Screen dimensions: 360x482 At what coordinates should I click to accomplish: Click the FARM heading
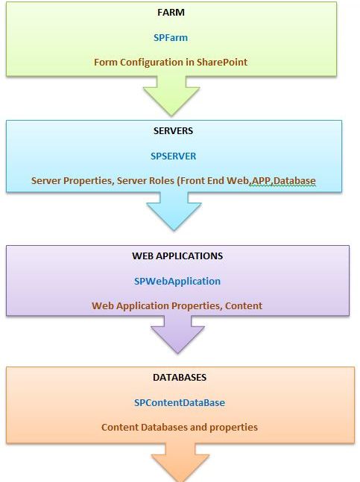[171, 13]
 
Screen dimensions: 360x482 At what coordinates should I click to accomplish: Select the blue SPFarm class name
[171, 37]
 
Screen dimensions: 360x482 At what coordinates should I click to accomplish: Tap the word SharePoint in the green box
[222, 62]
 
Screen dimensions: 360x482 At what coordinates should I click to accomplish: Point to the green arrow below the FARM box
[171, 95]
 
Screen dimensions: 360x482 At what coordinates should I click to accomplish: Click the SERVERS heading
[174, 130]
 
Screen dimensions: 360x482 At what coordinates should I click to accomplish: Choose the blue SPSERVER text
[173, 156]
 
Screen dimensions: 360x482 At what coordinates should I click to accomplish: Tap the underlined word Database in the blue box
[294, 180]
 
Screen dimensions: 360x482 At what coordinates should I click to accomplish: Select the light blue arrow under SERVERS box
[174, 212]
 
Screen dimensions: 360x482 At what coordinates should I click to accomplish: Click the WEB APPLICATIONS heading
[177, 256]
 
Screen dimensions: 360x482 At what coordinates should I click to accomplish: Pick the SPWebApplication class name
[177, 282]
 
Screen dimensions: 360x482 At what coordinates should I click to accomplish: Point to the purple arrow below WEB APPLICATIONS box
[177, 334]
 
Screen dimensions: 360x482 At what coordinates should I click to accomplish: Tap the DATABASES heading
[180, 377]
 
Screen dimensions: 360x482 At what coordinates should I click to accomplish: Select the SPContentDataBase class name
[180, 403]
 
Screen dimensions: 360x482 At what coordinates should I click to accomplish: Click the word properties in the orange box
[233, 428]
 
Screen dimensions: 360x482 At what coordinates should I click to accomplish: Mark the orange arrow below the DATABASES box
[180, 463]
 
